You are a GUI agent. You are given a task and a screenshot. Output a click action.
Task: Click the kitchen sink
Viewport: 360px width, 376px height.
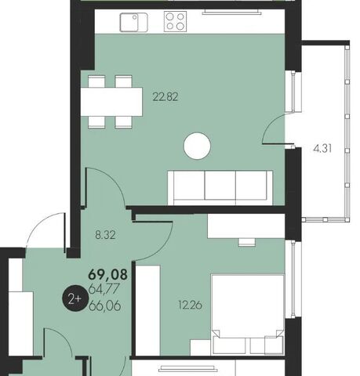click(133, 23)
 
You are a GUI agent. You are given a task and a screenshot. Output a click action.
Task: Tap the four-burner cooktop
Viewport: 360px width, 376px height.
click(175, 22)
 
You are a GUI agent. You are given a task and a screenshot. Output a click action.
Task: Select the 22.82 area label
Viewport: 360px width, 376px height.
click(165, 97)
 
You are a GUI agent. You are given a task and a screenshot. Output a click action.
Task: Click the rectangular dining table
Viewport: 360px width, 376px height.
click(111, 102)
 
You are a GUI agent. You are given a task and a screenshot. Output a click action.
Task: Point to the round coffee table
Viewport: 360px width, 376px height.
click(197, 146)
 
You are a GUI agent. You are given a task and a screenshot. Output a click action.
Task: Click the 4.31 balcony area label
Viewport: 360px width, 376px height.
click(322, 149)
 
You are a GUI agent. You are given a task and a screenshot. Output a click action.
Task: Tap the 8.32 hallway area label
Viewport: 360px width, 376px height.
click(105, 235)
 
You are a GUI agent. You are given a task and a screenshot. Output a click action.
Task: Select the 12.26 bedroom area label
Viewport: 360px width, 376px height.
click(190, 305)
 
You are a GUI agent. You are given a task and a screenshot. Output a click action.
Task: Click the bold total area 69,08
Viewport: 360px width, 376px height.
click(108, 274)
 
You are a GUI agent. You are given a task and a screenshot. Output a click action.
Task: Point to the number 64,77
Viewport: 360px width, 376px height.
click(104, 289)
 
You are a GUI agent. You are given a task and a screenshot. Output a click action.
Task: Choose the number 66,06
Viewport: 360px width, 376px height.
click(105, 305)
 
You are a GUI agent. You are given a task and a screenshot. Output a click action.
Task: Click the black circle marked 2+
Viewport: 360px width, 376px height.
click(75, 299)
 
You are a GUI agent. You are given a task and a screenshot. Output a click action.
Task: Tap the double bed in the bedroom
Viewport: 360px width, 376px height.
click(248, 315)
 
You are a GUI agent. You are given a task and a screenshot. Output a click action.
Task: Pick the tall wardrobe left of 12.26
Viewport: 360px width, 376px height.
click(147, 310)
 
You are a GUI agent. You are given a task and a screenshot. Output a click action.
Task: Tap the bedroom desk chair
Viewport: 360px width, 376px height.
click(246, 242)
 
